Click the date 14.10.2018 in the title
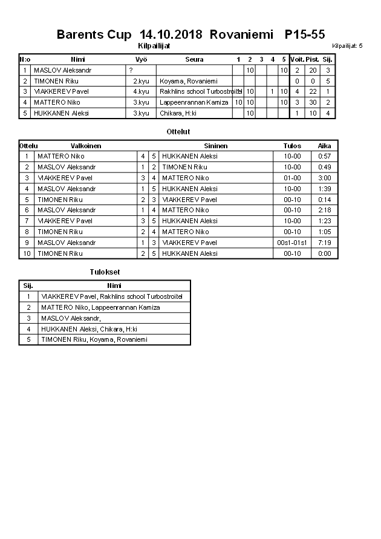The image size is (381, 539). pyautogui.click(x=171, y=34)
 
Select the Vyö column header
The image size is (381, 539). pyautogui.click(x=141, y=59)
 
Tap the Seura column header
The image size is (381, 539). pyautogui.click(x=194, y=59)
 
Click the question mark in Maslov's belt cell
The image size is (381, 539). pyautogui.click(x=131, y=70)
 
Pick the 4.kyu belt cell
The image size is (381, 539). pyautogui.click(x=141, y=92)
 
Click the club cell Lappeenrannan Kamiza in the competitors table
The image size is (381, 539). pyautogui.click(x=194, y=103)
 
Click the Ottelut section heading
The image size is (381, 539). pyautogui.click(x=178, y=131)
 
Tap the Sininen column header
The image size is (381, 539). pyautogui.click(x=216, y=146)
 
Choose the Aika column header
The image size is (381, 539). pyautogui.click(x=325, y=146)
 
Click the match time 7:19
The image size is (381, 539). pyautogui.click(x=325, y=243)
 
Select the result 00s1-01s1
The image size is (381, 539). pyautogui.click(x=293, y=243)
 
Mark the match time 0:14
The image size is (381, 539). pyautogui.click(x=325, y=199)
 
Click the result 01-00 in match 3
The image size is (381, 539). pyautogui.click(x=293, y=178)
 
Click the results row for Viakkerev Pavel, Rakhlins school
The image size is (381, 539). pyautogui.click(x=111, y=296)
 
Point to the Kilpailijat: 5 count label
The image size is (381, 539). pyautogui.click(x=347, y=46)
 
